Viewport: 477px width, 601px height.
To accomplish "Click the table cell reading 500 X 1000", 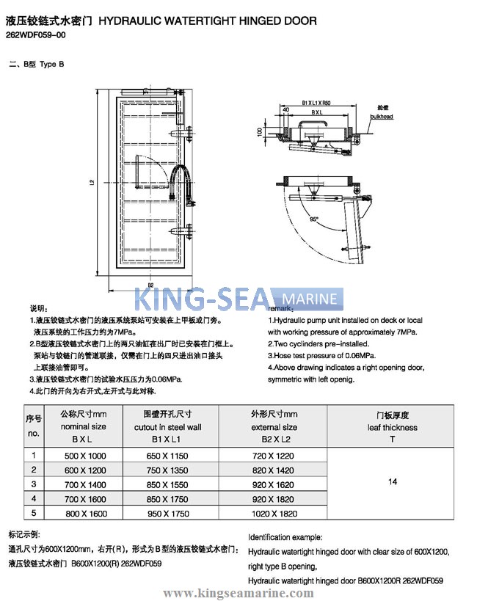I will (85, 456).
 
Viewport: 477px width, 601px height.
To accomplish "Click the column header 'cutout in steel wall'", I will (167, 427).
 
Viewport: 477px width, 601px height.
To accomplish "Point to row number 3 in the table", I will (34, 484).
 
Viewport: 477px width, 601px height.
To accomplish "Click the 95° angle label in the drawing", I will (314, 219).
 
